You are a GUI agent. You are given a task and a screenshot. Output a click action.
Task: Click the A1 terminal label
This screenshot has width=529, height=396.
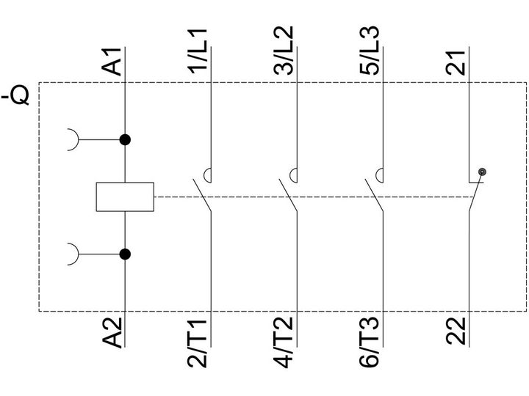pyautogui.click(x=112, y=62)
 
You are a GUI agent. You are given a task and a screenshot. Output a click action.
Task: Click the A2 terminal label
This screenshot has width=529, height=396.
pyautogui.click(x=112, y=332)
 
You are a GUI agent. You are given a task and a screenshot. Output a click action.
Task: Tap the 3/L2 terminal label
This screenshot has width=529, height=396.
pyautogui.click(x=284, y=51)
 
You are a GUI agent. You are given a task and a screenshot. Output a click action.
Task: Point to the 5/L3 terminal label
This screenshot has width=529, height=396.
pyautogui.click(x=370, y=51)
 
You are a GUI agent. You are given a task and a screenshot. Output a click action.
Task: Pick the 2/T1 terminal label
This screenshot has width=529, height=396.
pyautogui.click(x=198, y=343)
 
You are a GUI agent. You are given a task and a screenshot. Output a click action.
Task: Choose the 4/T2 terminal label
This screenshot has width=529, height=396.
pyautogui.click(x=284, y=343)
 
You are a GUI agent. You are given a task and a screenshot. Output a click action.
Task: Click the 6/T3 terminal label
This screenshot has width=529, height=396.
pyautogui.click(x=370, y=343)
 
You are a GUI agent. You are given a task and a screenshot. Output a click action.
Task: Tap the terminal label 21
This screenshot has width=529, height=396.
pyautogui.click(x=456, y=62)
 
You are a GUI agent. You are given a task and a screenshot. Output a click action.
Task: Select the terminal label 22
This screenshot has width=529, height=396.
pyautogui.click(x=456, y=331)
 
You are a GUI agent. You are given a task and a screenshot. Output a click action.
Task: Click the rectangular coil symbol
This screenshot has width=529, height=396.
pyautogui.click(x=125, y=197)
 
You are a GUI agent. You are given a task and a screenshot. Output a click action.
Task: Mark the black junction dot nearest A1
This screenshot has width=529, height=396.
pyautogui.click(x=125, y=139)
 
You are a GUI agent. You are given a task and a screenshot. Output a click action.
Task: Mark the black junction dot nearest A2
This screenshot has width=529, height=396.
pyautogui.click(x=125, y=254)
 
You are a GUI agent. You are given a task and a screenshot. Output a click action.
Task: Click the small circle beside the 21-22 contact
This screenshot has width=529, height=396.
pyautogui.click(x=483, y=172)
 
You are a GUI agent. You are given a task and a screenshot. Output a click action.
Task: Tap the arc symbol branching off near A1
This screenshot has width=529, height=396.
pyautogui.click(x=78, y=139)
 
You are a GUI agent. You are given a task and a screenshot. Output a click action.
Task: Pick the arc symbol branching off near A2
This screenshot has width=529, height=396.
pyautogui.click(x=78, y=254)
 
